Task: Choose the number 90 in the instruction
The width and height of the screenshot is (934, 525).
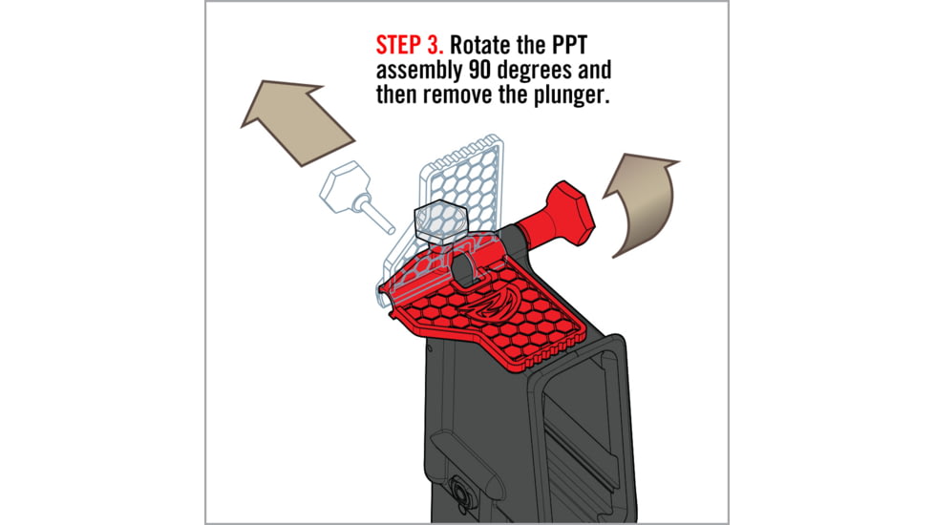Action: click(478, 72)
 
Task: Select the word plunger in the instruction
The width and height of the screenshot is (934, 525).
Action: click(571, 97)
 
